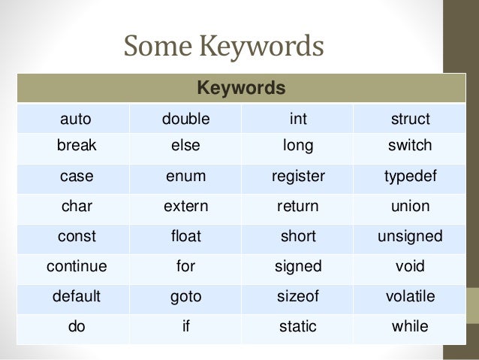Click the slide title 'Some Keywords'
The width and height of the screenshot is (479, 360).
click(x=224, y=46)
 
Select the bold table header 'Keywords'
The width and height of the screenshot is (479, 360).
click(x=240, y=89)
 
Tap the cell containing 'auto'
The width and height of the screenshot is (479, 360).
click(x=75, y=119)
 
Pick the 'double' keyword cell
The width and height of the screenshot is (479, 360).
click(x=186, y=119)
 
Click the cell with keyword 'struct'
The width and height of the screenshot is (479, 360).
click(x=410, y=119)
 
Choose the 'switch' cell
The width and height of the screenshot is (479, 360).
click(x=410, y=145)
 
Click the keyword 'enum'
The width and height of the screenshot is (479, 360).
click(x=186, y=177)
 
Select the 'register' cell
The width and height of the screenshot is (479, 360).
click(x=298, y=177)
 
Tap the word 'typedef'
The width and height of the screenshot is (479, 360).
click(x=410, y=177)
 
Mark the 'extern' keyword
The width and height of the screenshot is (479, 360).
click(x=186, y=206)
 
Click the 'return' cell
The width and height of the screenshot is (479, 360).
click(x=298, y=206)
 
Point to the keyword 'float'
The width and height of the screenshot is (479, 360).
click(x=186, y=236)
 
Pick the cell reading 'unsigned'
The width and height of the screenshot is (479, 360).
click(x=410, y=236)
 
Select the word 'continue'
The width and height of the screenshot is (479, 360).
click(x=76, y=266)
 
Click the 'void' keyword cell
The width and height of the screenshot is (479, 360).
click(x=410, y=266)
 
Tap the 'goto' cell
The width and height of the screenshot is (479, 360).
click(x=186, y=296)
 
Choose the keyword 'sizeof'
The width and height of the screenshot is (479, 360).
click(x=298, y=296)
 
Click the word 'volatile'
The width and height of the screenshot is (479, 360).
click(x=410, y=296)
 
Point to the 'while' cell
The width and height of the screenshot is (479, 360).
click(x=410, y=327)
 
